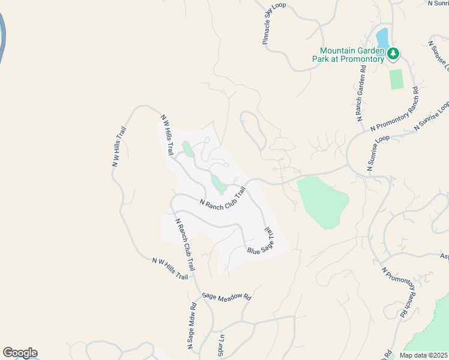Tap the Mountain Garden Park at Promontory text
pos(348,55)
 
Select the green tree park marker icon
pos(393,54)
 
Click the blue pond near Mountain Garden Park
pos(382,38)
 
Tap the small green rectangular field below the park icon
pos(396,79)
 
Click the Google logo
pos(20,353)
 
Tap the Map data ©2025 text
pos(424,355)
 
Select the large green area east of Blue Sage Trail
pos(323,201)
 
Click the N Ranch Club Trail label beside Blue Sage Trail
pos(223,198)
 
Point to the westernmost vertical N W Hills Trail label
pos(119,147)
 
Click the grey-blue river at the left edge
pos(3,36)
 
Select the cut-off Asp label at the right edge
pos(444,256)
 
